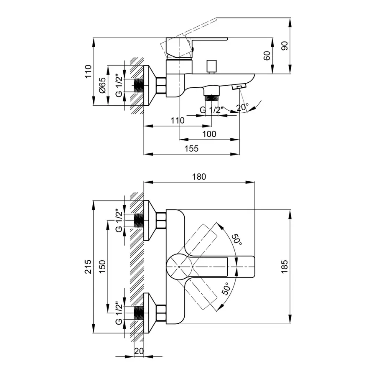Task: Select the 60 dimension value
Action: tap(267, 56)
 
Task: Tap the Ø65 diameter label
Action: tap(102, 85)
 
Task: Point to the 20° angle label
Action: tap(242, 107)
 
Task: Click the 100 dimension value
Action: tap(209, 134)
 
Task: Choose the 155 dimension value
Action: tap(191, 149)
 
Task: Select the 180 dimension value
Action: tap(199, 177)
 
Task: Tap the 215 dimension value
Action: tap(88, 267)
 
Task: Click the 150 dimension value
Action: tap(102, 267)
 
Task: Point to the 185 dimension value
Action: tap(285, 267)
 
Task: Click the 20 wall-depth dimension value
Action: tap(139, 351)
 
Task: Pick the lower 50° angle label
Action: tap(226, 289)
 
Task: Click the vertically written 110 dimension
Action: tap(88, 72)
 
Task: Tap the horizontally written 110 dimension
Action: tap(177, 120)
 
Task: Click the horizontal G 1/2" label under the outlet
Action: tap(212, 110)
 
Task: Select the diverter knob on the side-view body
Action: tap(212, 66)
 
